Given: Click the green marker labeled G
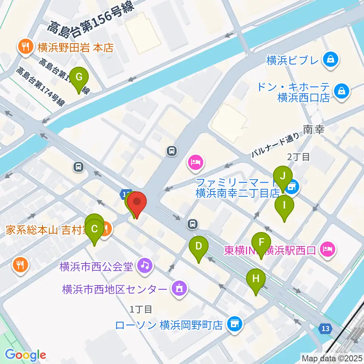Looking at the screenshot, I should pyautogui.click(x=79, y=77).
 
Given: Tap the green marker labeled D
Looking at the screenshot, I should pyautogui.click(x=199, y=246).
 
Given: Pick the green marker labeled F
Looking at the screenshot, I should pyautogui.click(x=261, y=242).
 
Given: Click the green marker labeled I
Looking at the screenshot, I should pyautogui.click(x=284, y=205).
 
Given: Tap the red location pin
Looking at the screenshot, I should pyautogui.click(x=136, y=202).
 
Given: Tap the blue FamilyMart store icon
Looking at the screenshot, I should pyautogui.click(x=292, y=187).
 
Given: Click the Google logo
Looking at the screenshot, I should pyautogui.click(x=25, y=355).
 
